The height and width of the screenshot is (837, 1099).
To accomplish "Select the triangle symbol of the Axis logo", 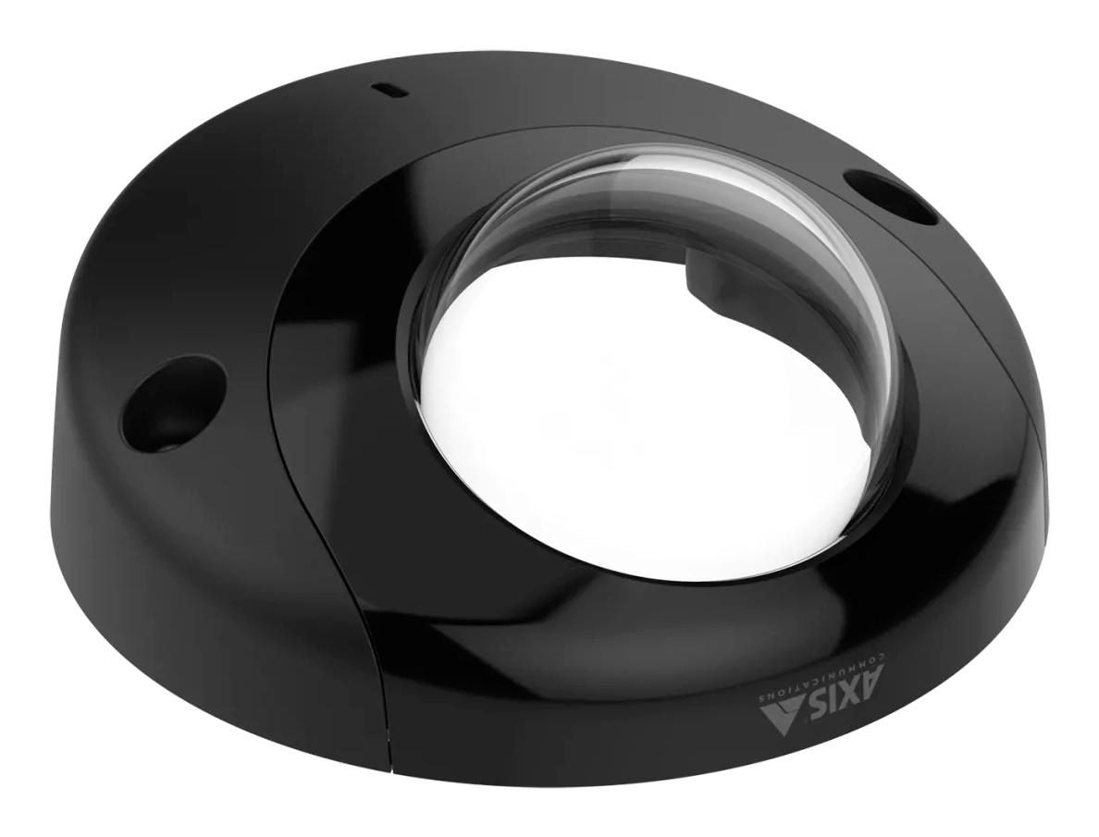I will (781, 711).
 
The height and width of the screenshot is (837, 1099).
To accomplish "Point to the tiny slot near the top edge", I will (384, 91).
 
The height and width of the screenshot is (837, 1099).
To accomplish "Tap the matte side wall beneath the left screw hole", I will (185, 518).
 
